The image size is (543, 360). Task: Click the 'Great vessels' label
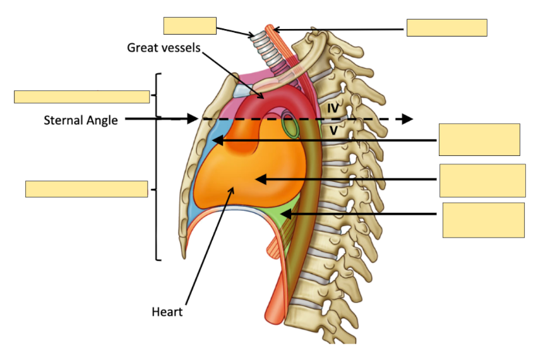click(x=164, y=47)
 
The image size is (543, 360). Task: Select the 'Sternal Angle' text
click(x=81, y=120)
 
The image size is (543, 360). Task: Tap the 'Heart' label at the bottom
click(x=167, y=311)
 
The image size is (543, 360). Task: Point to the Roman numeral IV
click(x=333, y=109)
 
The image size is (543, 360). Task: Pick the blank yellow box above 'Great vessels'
click(x=189, y=25)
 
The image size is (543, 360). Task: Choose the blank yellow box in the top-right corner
click(x=446, y=28)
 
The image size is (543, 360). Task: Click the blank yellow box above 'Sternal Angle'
click(x=81, y=97)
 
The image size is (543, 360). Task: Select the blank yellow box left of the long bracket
click(x=87, y=189)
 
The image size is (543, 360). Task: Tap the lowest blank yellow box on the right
click(x=483, y=220)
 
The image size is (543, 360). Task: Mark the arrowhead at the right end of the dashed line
click(x=407, y=119)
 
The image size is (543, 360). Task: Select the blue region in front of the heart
click(x=201, y=171)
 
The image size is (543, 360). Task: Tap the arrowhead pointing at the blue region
click(x=217, y=140)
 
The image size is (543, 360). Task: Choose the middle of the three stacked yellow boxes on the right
click(x=482, y=181)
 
